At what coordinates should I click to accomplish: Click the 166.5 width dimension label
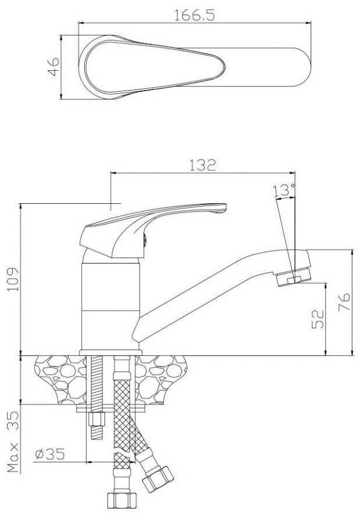[x=195, y=16]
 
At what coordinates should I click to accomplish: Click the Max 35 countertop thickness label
[x=13, y=441]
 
